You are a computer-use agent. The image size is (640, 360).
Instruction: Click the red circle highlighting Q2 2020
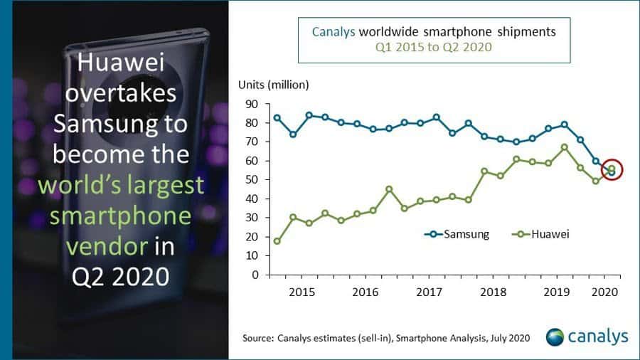coord(612,170)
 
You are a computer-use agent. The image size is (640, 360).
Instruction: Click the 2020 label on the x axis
coord(603,292)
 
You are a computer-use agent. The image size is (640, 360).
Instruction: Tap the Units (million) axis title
coord(273,85)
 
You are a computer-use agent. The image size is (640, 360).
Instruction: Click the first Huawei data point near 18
coord(277,241)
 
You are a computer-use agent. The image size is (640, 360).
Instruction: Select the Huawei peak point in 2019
coord(564,147)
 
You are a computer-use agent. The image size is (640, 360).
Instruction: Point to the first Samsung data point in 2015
coord(277,117)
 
